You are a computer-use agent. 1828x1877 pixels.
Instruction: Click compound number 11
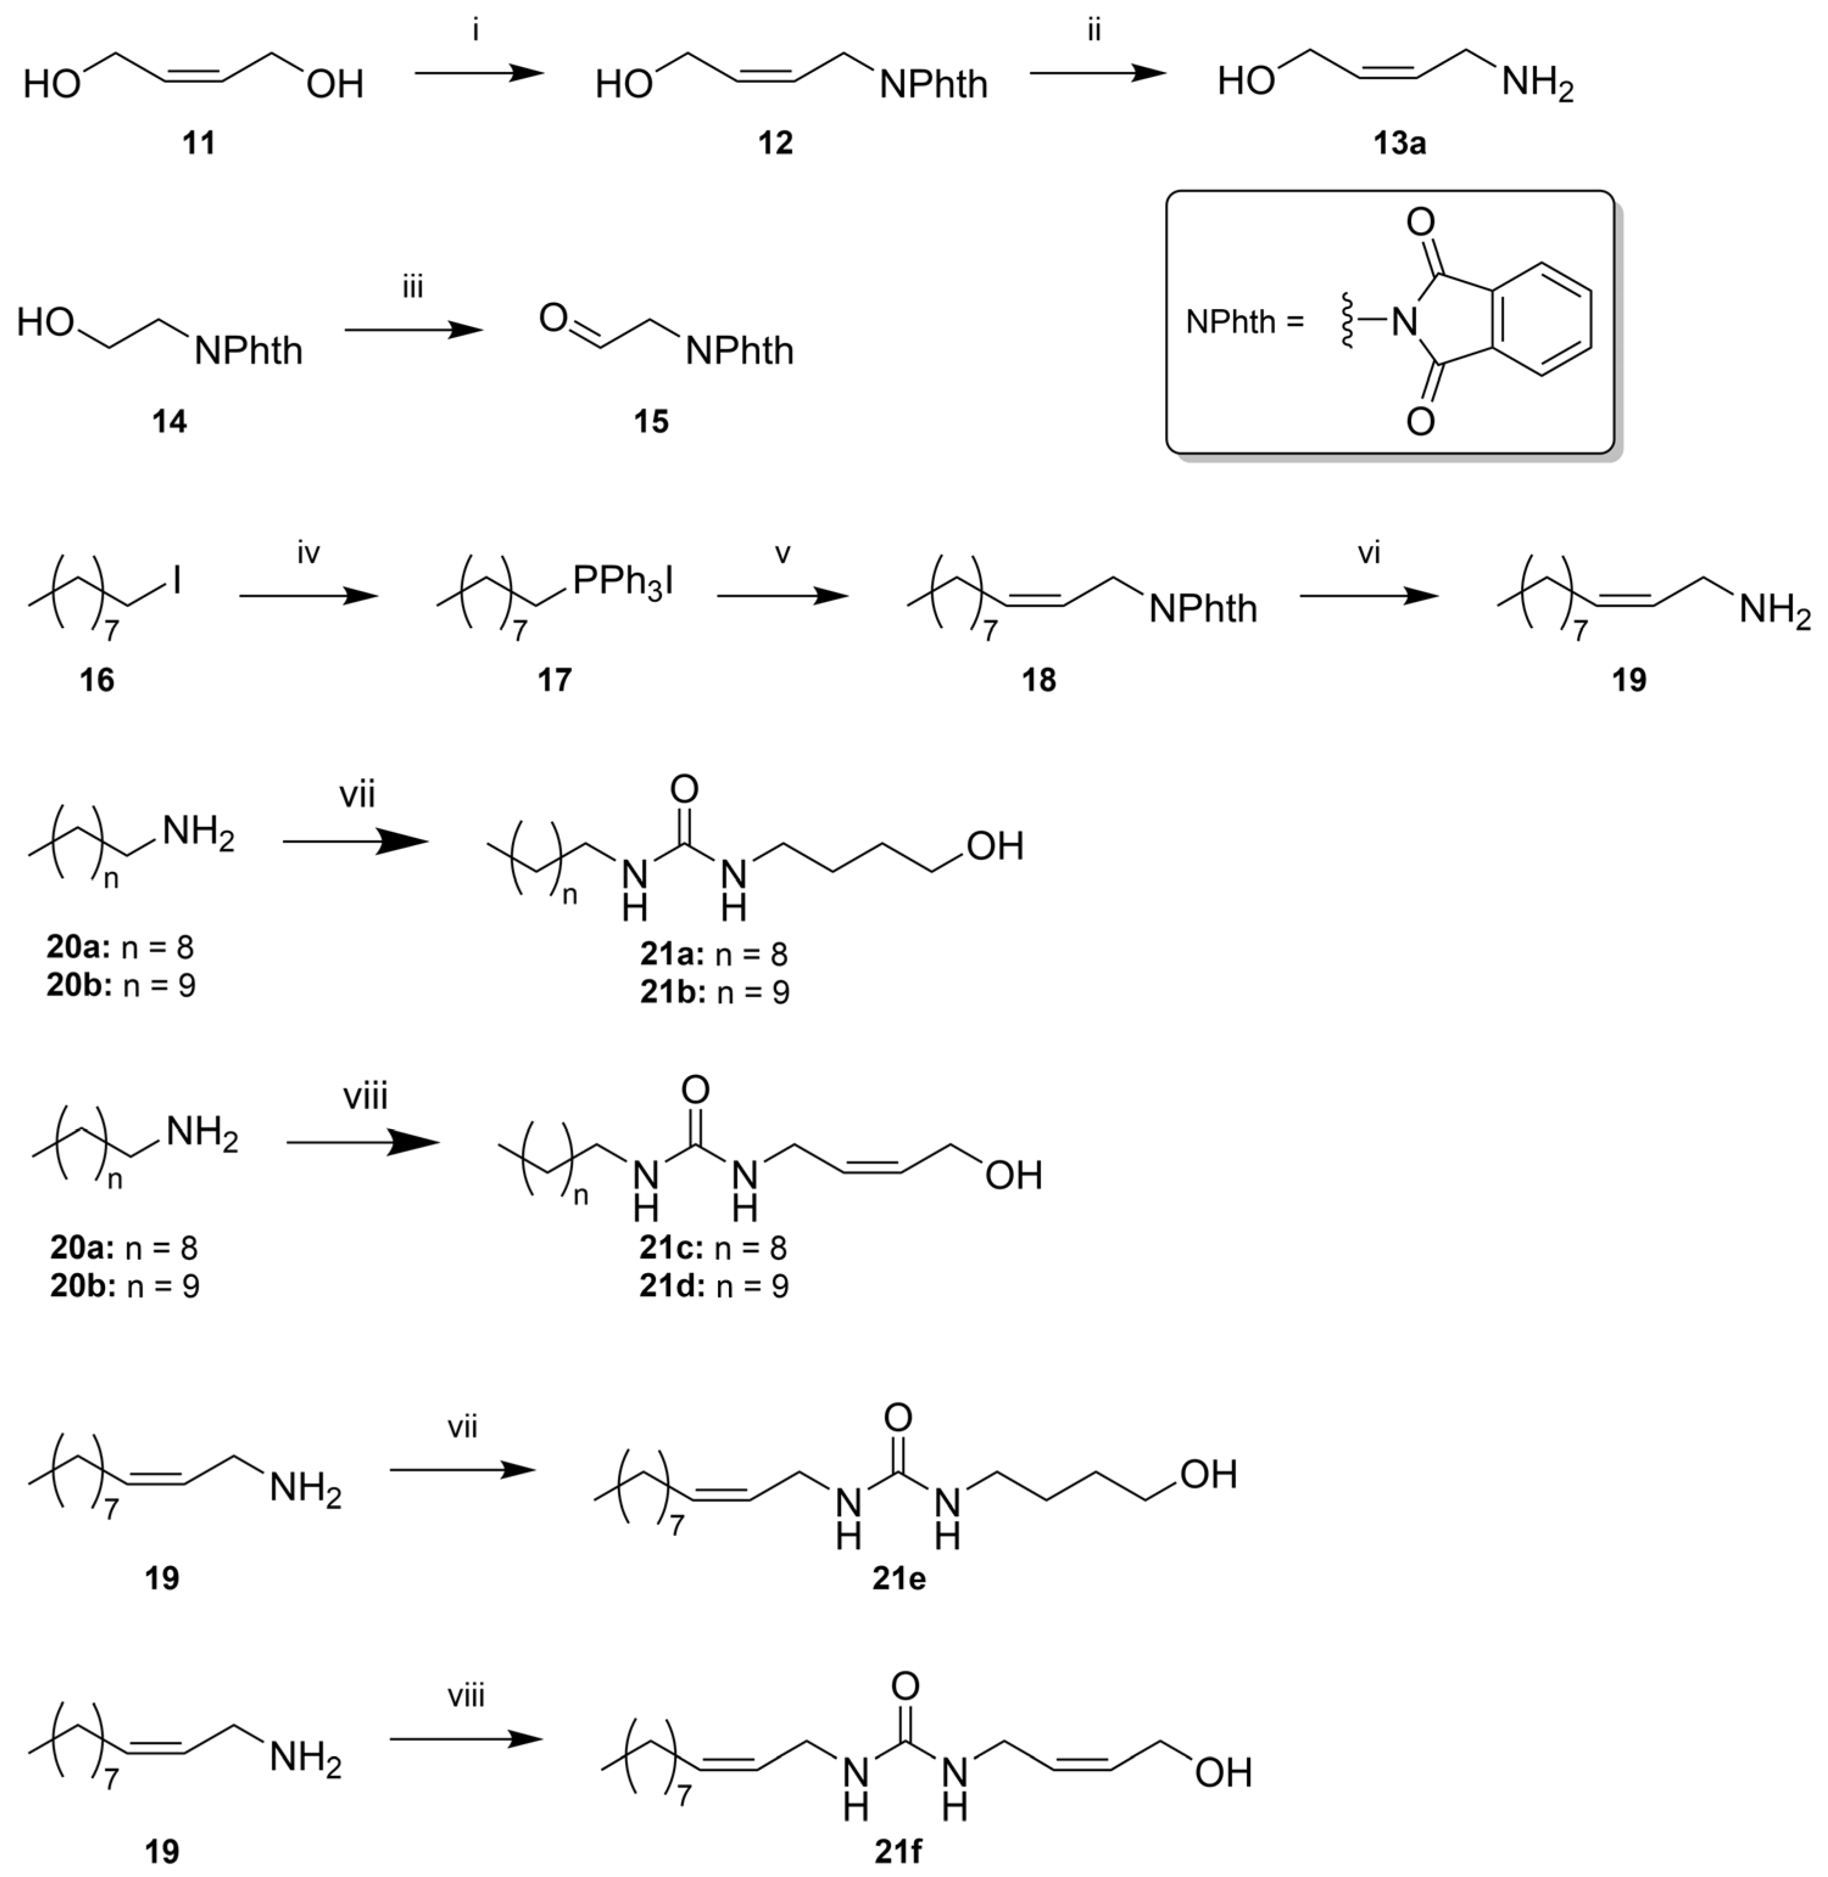point(199,143)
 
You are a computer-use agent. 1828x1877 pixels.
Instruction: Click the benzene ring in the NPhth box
point(1542,321)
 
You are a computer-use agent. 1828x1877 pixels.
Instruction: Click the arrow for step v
point(782,596)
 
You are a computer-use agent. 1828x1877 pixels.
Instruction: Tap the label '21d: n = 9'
point(714,1286)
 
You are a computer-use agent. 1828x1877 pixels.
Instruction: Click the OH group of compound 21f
point(1223,1772)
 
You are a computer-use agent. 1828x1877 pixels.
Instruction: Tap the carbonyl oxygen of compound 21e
point(898,1416)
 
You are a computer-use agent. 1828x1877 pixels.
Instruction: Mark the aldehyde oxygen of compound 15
point(553,317)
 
